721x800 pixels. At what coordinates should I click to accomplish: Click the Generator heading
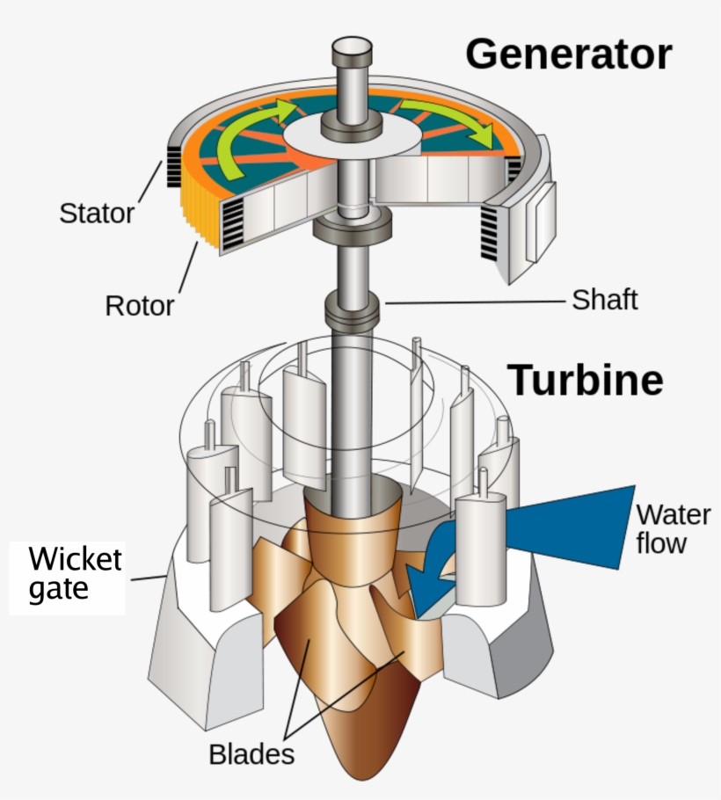tap(568, 55)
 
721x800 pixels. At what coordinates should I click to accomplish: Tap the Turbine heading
tap(586, 380)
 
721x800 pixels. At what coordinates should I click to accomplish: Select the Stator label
tap(97, 213)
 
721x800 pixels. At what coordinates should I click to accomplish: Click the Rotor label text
tap(140, 306)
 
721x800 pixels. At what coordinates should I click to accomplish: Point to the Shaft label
tap(604, 300)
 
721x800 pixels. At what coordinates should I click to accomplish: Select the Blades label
tap(251, 753)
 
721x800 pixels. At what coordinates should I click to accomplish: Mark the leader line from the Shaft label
tap(475, 302)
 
